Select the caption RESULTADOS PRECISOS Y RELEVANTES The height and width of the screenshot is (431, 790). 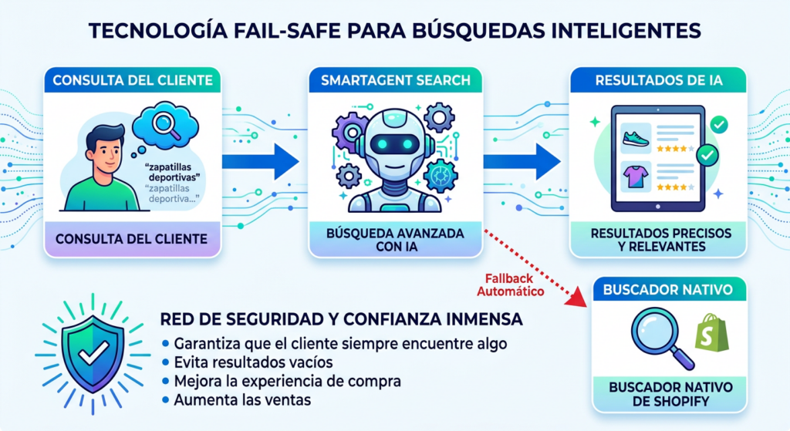click(x=660, y=239)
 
